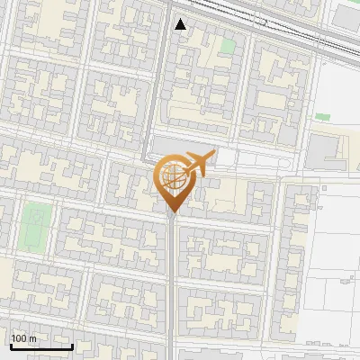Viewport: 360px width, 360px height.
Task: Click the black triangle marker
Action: pos(181,24)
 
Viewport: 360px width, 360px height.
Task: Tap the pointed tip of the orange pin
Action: pos(172,212)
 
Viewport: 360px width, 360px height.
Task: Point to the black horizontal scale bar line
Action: pos(40,346)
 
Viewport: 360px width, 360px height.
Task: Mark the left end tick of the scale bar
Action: pos(10,345)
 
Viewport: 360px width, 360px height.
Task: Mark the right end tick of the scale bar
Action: pos(72,345)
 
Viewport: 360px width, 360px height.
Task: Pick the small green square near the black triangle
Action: pos(228,45)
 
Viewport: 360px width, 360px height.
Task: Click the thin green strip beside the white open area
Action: pos(322,116)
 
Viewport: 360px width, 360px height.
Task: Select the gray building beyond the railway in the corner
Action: pos(346,13)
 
